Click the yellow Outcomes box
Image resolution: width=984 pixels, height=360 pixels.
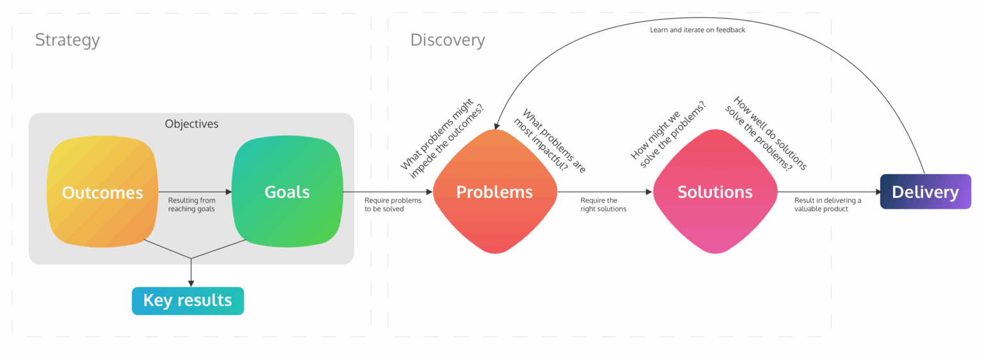102,192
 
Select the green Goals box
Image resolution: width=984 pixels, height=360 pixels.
287,192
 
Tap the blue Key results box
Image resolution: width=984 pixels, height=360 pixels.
188,300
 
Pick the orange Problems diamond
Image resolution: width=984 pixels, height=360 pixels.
494,192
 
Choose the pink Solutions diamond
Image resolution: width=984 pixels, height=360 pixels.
715,192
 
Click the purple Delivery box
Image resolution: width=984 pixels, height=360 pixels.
925,192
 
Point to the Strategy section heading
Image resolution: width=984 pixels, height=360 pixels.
67,40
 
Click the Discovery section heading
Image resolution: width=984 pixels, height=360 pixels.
447,40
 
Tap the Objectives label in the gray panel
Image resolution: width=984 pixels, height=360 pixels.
192,124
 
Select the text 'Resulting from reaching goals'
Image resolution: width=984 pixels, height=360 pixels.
192,204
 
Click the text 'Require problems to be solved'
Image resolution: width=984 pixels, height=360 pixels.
393,204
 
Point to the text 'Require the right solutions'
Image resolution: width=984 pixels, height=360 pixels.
603,204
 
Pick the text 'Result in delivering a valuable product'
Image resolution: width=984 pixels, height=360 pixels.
828,204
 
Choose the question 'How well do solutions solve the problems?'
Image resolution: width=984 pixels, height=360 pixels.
766,135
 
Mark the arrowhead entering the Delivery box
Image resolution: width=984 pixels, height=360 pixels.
876,192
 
